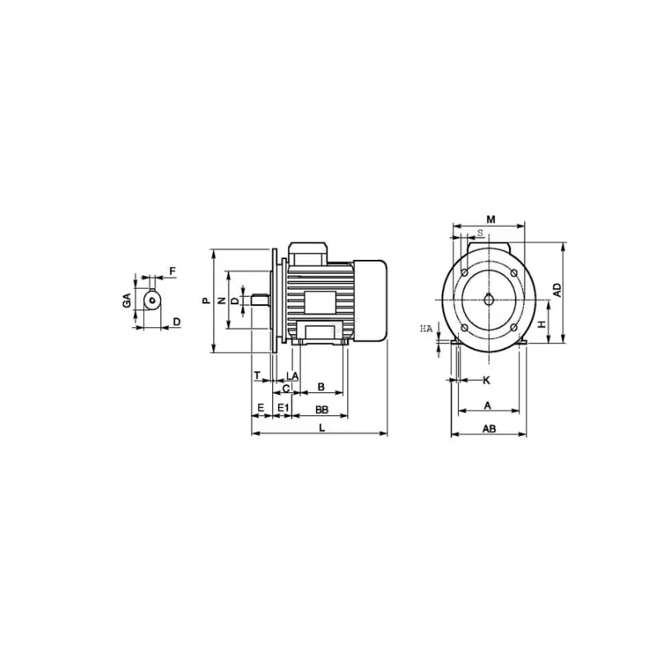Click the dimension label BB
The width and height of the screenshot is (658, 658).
coord(322,409)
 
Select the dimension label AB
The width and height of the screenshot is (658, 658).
coord(489,429)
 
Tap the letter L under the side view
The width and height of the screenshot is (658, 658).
coord(322,428)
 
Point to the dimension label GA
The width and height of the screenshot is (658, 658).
coord(127,300)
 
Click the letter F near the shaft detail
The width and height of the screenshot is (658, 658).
coord(173,271)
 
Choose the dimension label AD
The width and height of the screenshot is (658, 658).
coord(557,290)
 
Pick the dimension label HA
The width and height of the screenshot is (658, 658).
coord(426,329)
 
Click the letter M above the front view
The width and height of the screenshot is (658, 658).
coord(490,220)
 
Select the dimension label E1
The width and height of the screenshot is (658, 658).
coord(284,407)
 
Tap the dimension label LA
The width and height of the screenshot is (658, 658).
coord(292,376)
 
